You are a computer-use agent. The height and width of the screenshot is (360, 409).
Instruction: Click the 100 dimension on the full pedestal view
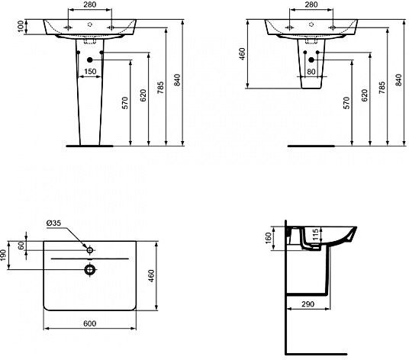[x=21, y=27]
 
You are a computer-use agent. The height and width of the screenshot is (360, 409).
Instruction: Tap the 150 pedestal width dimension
[x=90, y=71]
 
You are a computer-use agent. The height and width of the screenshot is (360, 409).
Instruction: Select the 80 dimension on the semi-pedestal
[x=311, y=71]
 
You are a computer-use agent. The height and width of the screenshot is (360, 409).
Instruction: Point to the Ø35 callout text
[x=53, y=223]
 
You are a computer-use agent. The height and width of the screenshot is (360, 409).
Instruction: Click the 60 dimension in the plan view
[x=21, y=246]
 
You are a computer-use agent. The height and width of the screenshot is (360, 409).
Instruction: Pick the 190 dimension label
[x=3, y=256]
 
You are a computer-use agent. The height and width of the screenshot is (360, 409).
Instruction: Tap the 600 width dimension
[x=89, y=323]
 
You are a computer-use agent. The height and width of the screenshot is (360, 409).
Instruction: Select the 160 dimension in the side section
[x=268, y=238]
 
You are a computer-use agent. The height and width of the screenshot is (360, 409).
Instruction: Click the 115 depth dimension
[x=315, y=234]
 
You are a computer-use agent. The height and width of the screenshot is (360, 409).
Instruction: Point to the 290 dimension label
[x=308, y=304]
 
